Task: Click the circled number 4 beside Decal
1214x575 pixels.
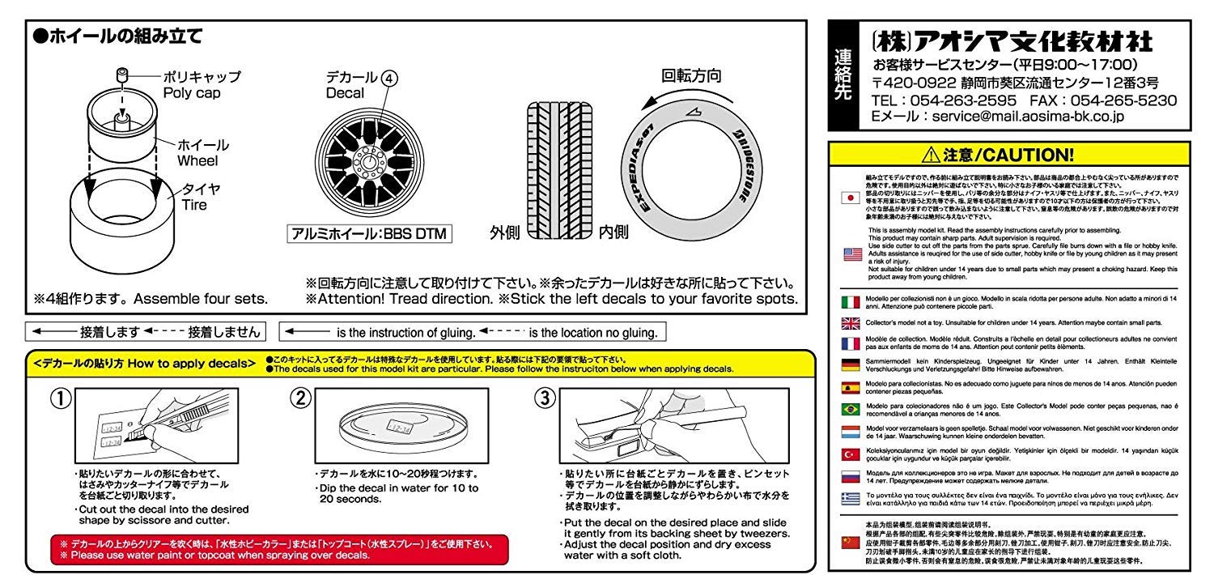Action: pyautogui.click(x=390, y=79)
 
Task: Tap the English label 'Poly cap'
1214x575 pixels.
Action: pyautogui.click(x=191, y=93)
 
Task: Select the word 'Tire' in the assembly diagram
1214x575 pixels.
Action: pyautogui.click(x=193, y=205)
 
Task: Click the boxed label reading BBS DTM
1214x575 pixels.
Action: pyautogui.click(x=370, y=234)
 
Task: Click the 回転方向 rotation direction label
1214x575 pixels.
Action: pyautogui.click(x=690, y=77)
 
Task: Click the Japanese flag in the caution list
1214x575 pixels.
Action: pyautogui.click(x=850, y=198)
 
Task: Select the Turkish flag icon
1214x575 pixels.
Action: pyautogui.click(x=850, y=454)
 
